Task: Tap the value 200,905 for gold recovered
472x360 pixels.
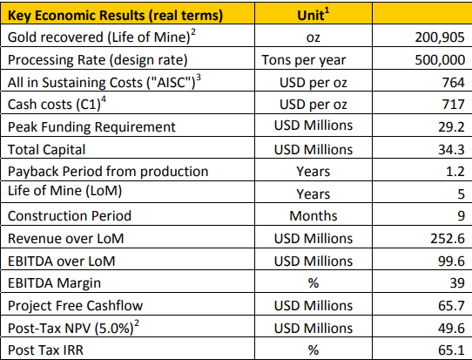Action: [440, 37]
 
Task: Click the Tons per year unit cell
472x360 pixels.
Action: [304, 60]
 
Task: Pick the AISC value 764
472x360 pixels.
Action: [454, 83]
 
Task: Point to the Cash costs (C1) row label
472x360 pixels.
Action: [57, 104]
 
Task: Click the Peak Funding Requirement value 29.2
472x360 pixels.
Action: [451, 127]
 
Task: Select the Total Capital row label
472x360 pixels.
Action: [47, 149]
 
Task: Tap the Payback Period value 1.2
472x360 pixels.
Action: [455, 172]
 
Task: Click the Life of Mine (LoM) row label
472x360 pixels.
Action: [64, 191]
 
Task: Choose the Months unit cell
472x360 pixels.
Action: [314, 215]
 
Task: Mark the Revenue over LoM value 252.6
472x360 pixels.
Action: [448, 239]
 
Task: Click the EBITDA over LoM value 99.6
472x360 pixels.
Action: [451, 261]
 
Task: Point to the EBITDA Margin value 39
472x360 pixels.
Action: [457, 283]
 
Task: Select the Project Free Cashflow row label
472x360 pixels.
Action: [75, 305]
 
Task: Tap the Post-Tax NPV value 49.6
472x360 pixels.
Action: [451, 328]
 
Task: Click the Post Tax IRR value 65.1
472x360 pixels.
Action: [451, 350]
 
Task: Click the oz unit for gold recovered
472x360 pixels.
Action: [314, 38]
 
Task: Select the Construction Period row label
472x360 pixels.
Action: [70, 216]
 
